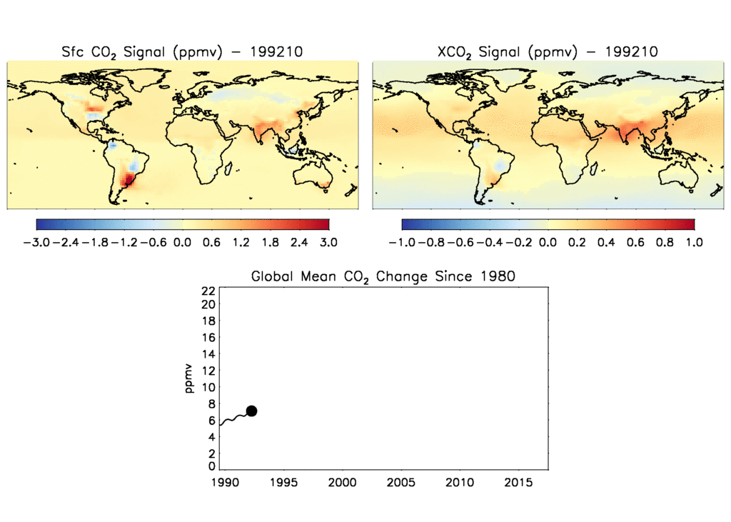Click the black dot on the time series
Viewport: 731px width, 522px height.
[251, 411]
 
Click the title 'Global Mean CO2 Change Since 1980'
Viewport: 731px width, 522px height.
[383, 276]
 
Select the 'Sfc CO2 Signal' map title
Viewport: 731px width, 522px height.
[182, 51]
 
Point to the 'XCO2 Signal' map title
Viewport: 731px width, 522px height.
[546, 51]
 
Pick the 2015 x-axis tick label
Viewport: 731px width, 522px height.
[518, 483]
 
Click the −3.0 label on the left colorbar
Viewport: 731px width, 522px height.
[37, 242]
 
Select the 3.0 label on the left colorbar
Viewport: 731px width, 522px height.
[328, 242]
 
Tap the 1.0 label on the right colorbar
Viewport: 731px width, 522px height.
[694, 242]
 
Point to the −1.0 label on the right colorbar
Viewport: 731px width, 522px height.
[403, 242]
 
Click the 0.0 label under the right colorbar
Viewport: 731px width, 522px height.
[548, 242]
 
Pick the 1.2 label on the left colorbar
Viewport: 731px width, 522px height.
[241, 242]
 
